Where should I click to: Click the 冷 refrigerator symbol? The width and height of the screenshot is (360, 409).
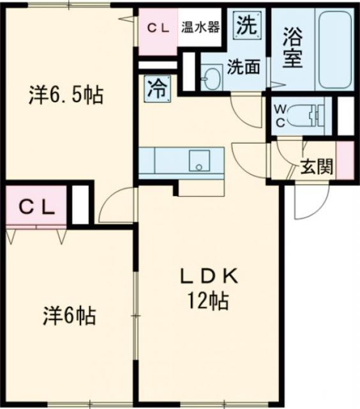(x=157, y=87)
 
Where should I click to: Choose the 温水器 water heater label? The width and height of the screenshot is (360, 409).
(x=200, y=27)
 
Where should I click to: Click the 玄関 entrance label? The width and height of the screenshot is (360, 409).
(x=317, y=167)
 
